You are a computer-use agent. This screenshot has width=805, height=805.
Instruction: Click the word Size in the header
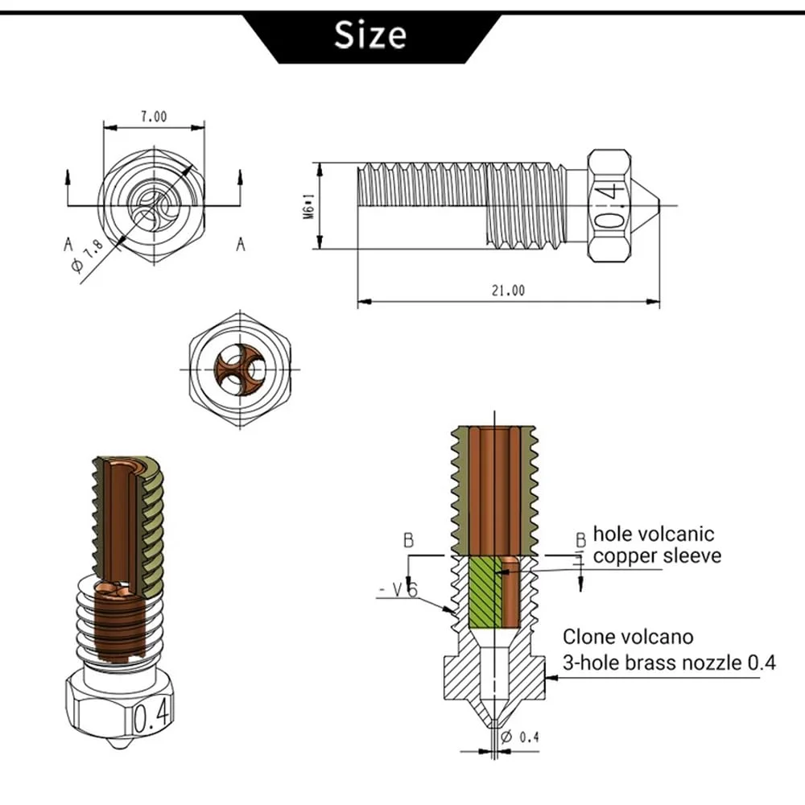coord(371,35)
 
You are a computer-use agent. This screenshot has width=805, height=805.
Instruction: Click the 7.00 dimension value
coord(154,117)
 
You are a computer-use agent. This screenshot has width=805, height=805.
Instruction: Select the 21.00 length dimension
coord(508,291)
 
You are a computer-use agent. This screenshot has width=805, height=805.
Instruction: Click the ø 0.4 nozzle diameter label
coord(519,737)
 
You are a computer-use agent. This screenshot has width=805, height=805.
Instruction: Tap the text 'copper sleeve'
coord(657,555)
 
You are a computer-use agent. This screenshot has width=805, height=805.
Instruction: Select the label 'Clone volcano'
coord(628,637)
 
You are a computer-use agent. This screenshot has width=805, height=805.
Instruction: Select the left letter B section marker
coord(408,540)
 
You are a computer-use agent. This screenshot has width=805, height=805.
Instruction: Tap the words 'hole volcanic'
coord(653,534)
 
